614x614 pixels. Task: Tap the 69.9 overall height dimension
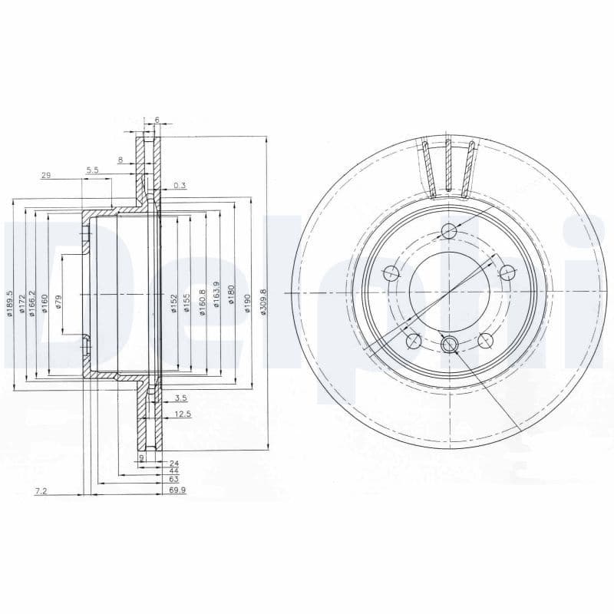click(177, 488)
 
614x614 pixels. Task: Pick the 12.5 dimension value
click(182, 414)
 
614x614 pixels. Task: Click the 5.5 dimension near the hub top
click(93, 170)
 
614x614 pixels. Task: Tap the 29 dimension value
click(46, 176)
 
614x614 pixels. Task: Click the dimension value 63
click(174, 479)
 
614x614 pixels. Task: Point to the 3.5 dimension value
click(181, 398)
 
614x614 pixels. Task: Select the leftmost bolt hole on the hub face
click(391, 272)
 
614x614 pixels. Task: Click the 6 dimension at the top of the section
click(157, 121)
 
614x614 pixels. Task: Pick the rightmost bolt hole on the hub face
click(507, 272)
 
